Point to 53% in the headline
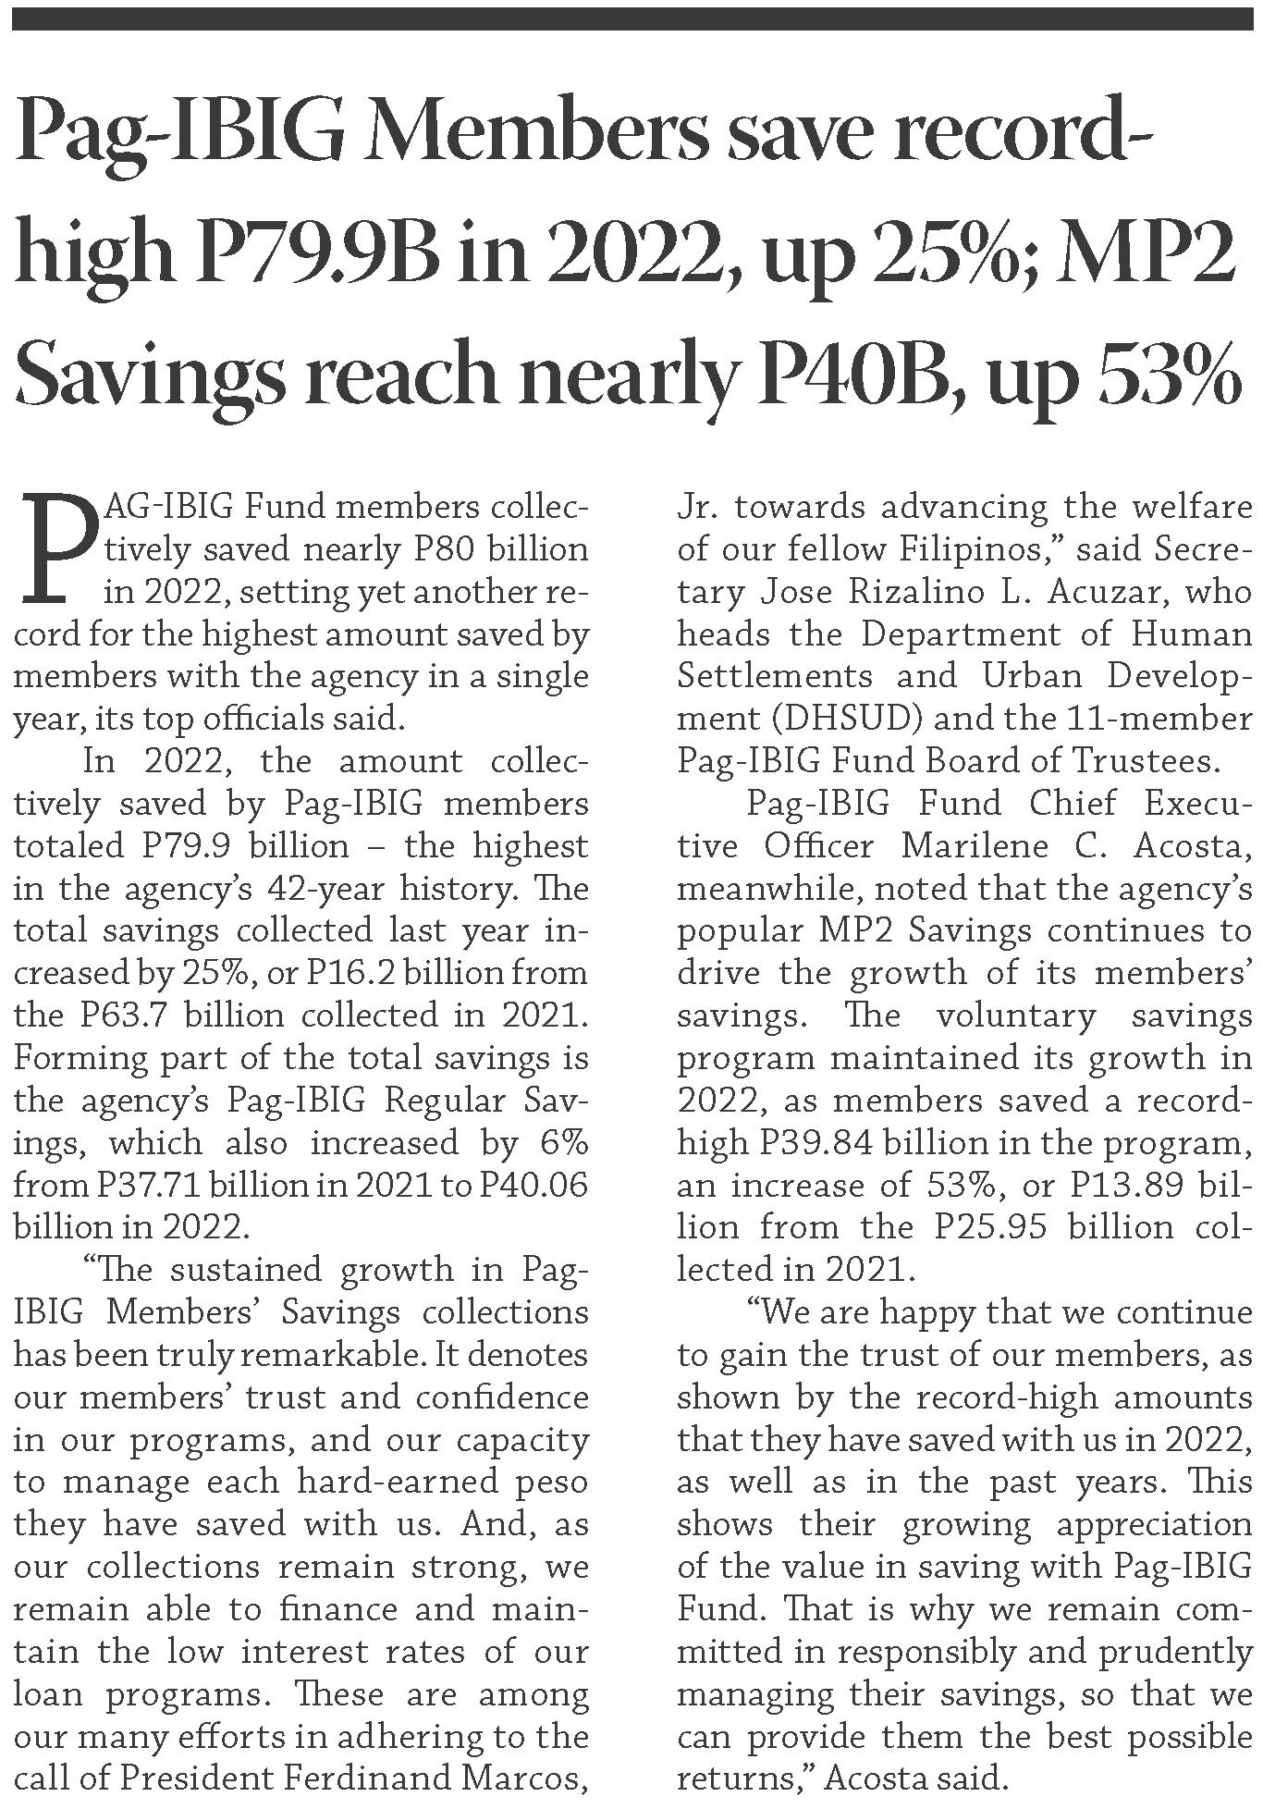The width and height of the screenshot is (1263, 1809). (x=1161, y=370)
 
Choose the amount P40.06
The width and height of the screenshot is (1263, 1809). (x=533, y=1185)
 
